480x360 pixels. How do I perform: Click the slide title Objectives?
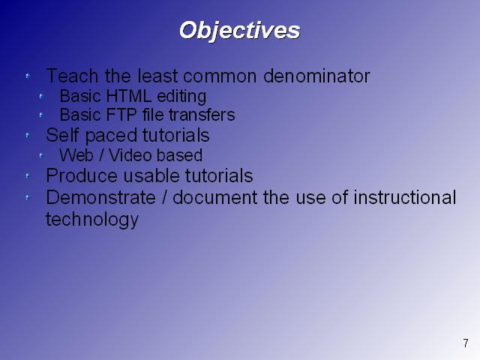tap(239, 31)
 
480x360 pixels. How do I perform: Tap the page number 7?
tap(466, 343)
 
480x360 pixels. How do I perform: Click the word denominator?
tap(316, 76)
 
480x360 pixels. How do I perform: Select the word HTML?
tap(128, 96)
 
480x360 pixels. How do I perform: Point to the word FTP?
tap(121, 115)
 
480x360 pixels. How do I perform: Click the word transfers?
tap(202, 115)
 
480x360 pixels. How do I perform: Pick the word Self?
tap(62, 135)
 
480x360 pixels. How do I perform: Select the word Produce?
tap(82, 175)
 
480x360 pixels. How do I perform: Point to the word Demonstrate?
tap(100, 197)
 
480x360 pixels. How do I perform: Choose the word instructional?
tap(405, 197)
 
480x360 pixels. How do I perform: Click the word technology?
tap(92, 220)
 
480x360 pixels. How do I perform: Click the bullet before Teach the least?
tap(28, 76)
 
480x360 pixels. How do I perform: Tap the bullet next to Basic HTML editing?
tap(41, 97)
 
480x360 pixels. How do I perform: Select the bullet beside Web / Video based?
tap(41, 155)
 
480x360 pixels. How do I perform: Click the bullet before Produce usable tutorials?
tap(28, 175)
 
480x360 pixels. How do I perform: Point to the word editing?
tap(181, 97)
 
